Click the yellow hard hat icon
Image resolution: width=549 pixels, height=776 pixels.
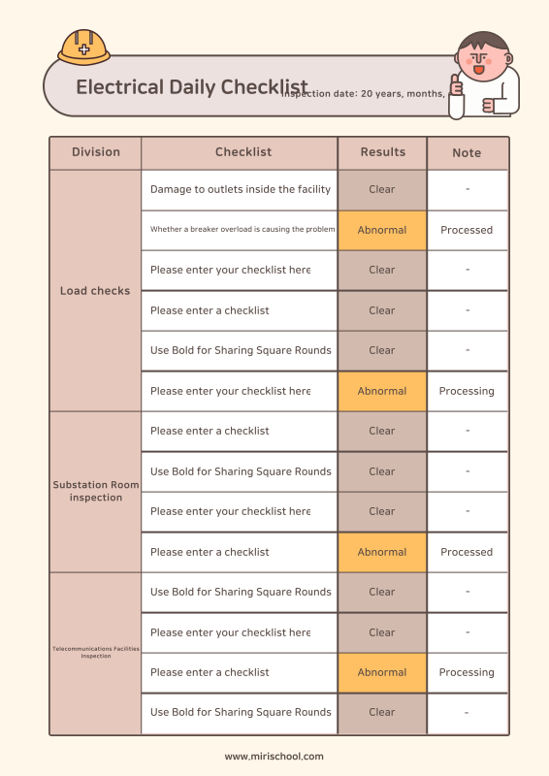[x=83, y=46]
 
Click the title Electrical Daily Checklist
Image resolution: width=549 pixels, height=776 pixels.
[x=191, y=87]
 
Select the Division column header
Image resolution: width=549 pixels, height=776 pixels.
[x=96, y=152]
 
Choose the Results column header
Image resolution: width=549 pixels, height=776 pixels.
[x=382, y=152]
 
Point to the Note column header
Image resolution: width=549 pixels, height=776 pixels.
[x=467, y=153]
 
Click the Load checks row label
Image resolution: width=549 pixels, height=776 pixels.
[x=95, y=291]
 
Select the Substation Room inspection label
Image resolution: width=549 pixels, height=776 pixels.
[x=95, y=491]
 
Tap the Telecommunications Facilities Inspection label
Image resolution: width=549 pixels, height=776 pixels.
[x=95, y=652]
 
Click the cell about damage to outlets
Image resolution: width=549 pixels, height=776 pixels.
[x=240, y=189]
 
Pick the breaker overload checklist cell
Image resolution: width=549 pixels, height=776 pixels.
[x=240, y=230]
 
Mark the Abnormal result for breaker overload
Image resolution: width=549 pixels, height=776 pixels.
[x=382, y=230]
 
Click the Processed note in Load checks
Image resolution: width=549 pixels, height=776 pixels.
[x=467, y=230]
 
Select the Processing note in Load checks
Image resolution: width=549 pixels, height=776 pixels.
[x=467, y=391]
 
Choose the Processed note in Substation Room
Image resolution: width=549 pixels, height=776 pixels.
[x=467, y=552]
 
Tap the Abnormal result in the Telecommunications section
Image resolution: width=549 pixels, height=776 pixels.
[x=382, y=672]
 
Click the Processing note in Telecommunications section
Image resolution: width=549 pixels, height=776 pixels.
[x=467, y=672]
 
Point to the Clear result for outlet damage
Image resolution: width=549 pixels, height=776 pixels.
[x=382, y=189]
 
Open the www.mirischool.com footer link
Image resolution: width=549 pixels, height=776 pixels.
[x=274, y=757]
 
